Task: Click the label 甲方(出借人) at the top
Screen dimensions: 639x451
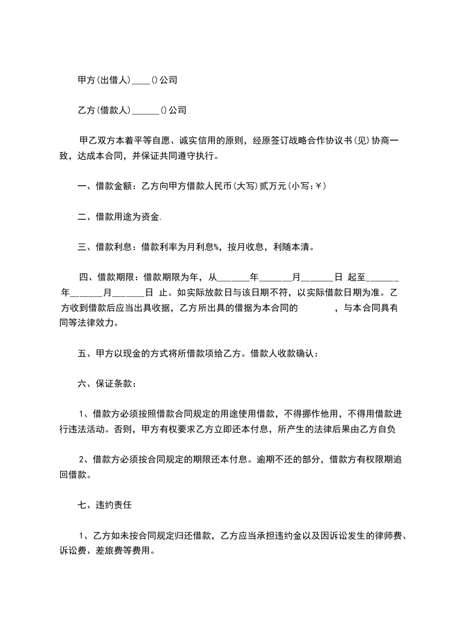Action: [x=104, y=81]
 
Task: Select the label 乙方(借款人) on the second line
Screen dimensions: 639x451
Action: [x=104, y=110]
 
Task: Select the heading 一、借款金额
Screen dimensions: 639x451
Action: [x=105, y=186]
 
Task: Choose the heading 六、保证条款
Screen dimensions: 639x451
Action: [x=106, y=384]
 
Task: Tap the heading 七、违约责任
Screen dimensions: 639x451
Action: [x=105, y=505]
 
